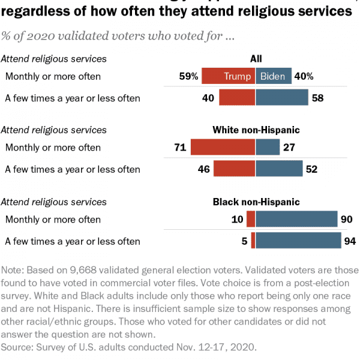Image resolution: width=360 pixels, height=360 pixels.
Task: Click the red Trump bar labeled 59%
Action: (228, 76)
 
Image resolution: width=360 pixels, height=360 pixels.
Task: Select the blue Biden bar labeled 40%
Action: (274, 76)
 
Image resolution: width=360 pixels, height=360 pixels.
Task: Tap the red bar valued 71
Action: (223, 148)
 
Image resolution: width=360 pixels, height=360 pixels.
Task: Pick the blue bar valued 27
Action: (268, 148)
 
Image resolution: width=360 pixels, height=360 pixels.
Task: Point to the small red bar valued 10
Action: (251, 220)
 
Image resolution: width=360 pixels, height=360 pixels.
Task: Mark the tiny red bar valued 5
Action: (253, 241)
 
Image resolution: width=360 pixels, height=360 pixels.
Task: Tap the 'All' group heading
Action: (256, 59)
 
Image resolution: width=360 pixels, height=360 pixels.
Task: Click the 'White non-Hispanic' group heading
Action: (256, 130)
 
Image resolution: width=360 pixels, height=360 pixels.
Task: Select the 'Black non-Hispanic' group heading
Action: (256, 202)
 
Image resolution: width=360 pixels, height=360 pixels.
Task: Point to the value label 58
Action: (318, 98)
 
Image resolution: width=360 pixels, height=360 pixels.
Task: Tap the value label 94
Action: (350, 241)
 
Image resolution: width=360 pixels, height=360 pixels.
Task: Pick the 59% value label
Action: (188, 76)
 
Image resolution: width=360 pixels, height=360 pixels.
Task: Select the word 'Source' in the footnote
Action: (17, 347)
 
